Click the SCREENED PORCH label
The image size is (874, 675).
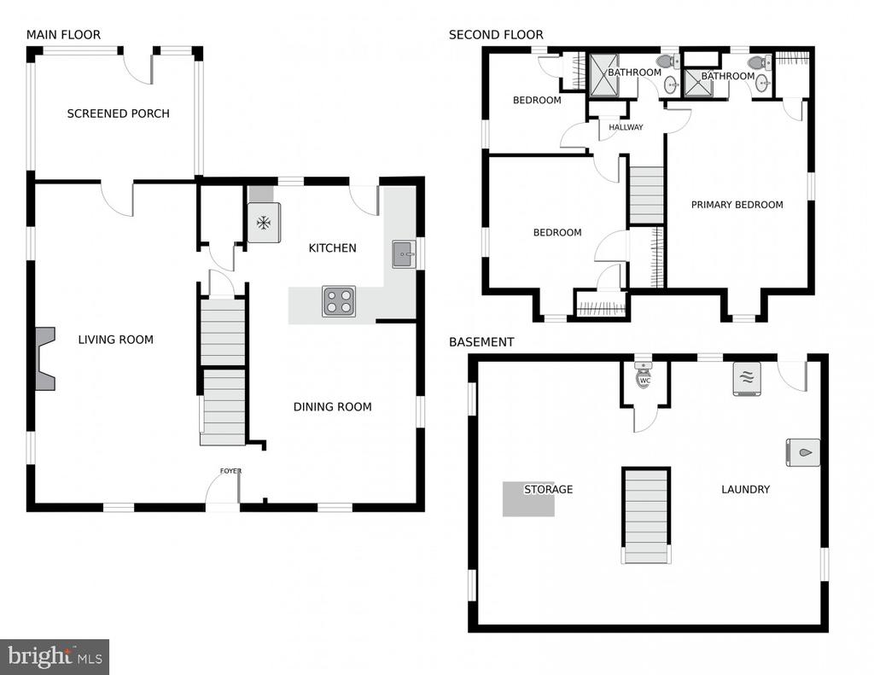pos(118,113)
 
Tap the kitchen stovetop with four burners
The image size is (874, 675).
pos(339,301)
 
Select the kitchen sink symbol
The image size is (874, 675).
pos(404,254)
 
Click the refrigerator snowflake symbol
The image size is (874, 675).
pos(264,223)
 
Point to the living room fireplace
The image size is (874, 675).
pos(45,358)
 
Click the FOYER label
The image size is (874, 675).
pos(230,471)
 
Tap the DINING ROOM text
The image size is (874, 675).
pos(333,407)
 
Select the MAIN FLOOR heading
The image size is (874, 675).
pos(63,34)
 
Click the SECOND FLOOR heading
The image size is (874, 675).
pos(496,34)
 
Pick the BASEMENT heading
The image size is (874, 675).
pos(481,341)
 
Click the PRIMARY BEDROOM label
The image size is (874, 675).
pos(737,205)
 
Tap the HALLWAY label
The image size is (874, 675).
pos(626,127)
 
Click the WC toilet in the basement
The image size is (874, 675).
pos(644,374)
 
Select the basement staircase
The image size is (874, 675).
pos(646,516)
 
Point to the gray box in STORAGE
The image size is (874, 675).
pos(528,499)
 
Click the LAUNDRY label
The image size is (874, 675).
pos(746,489)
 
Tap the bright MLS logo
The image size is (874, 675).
pos(55,656)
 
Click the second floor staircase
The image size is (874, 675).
pos(647,195)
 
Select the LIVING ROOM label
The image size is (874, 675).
pos(115,340)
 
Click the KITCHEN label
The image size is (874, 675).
pos(332,248)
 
